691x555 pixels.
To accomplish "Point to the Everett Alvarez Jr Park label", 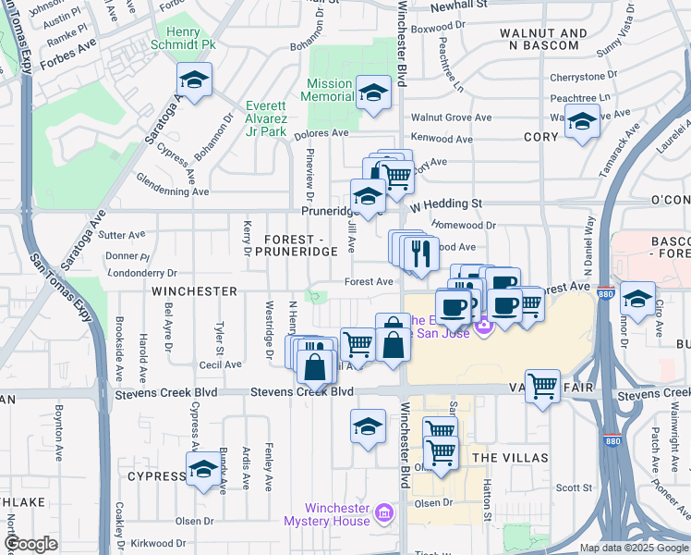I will (266, 118).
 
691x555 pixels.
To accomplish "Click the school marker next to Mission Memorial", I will (373, 92).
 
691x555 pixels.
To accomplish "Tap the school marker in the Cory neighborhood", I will (582, 121).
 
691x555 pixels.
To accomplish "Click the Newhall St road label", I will (460, 5).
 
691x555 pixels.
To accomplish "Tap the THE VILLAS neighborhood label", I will (510, 458).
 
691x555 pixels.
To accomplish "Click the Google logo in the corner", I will (30, 544).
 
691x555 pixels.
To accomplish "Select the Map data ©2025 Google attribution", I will (633, 548).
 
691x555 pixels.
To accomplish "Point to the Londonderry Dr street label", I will (141, 273).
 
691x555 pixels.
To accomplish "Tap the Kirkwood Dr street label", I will (159, 545).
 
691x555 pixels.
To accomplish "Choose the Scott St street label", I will (573, 487).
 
